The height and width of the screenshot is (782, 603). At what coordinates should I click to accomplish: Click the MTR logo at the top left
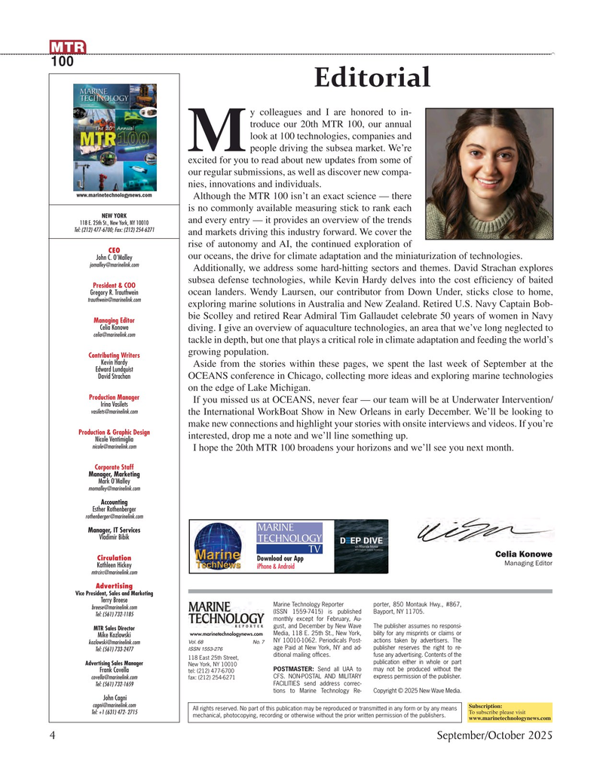point(68,48)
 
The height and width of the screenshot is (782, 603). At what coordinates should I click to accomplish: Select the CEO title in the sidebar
point(115,250)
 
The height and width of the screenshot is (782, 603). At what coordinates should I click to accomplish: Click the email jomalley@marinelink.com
point(115,265)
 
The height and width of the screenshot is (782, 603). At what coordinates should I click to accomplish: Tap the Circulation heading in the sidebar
point(114,557)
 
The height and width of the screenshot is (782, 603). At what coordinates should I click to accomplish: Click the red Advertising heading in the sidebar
point(115,585)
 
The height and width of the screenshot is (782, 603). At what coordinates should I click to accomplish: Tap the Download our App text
point(280,558)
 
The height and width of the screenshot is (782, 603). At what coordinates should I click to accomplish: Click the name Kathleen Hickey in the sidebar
point(115,564)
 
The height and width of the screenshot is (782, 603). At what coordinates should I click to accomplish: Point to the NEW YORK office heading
point(115,215)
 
